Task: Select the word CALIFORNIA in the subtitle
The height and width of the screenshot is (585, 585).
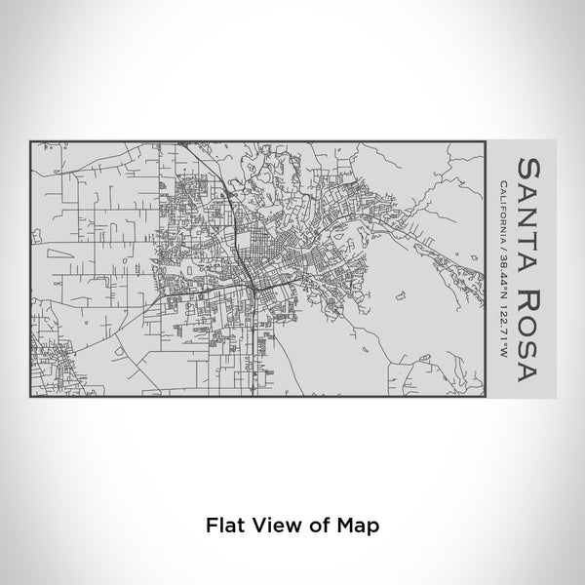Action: [x=500, y=214]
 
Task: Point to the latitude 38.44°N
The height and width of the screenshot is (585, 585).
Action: [x=500, y=276]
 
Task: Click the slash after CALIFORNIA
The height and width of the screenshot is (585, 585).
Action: [x=500, y=250]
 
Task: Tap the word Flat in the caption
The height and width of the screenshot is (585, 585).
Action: [x=224, y=525]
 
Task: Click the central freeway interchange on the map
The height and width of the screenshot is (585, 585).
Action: [x=252, y=284]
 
